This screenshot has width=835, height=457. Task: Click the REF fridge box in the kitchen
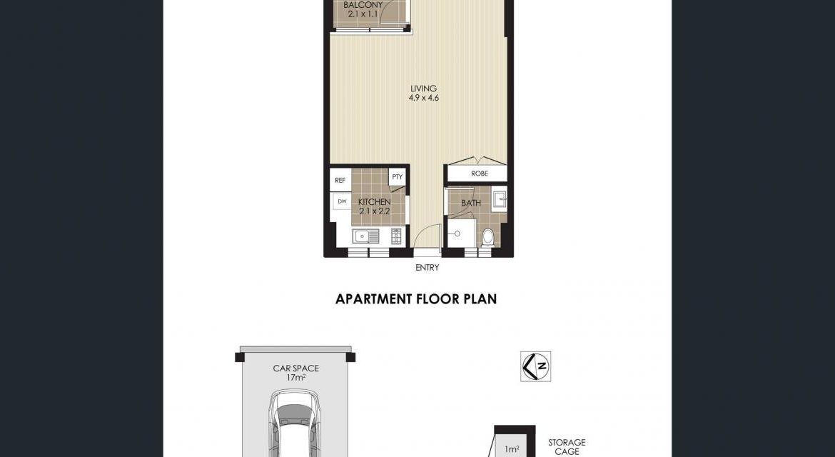340,181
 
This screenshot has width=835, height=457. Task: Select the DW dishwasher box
342,201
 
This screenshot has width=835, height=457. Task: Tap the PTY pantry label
398,177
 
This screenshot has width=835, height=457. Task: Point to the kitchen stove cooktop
397,236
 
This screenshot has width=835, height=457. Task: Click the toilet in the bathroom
487,237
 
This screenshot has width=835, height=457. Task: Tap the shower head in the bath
457,233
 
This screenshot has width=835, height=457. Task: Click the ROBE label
480,174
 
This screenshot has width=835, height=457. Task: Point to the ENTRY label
427,267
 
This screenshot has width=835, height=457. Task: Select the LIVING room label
423,89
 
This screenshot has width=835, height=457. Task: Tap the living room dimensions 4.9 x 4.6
424,98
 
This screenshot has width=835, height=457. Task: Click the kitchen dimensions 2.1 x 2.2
375,211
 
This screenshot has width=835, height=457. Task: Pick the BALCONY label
363,5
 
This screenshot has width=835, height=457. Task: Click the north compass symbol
536,366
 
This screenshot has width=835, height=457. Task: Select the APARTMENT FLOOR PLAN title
416,298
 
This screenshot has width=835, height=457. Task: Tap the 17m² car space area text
296,378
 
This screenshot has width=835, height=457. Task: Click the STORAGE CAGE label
567,447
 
